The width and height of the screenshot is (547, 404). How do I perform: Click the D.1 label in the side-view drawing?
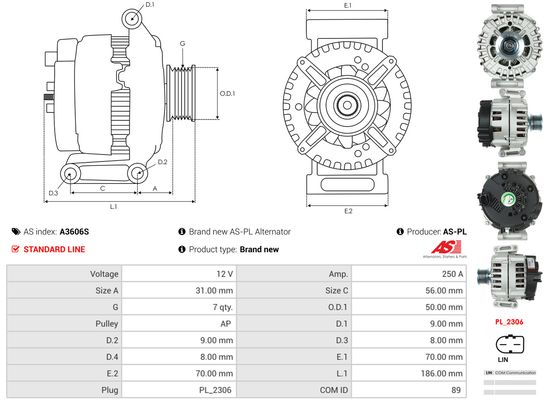pyautogui.click(x=150, y=4)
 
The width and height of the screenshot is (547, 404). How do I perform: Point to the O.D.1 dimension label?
pyautogui.click(x=227, y=93)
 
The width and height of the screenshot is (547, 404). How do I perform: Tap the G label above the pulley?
pyautogui.click(x=182, y=43)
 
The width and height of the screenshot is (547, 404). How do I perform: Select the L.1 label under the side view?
pyautogui.click(x=113, y=207)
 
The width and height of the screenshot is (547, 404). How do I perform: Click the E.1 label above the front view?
pyautogui.click(x=348, y=5)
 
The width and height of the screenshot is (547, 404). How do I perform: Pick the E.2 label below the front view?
pyautogui.click(x=348, y=211)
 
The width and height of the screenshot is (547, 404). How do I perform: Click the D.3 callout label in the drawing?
pyautogui.click(x=53, y=193)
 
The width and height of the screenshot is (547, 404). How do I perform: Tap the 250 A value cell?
pyautogui.click(x=452, y=274)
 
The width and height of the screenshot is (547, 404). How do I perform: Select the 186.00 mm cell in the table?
pyautogui.click(x=444, y=373)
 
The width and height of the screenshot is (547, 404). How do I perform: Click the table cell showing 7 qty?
pyautogui.click(x=223, y=307)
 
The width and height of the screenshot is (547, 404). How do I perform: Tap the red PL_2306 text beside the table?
pyautogui.click(x=509, y=322)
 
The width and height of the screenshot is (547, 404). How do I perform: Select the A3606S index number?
pyautogui.click(x=74, y=232)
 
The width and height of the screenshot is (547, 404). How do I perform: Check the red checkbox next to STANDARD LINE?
pyautogui.click(x=15, y=249)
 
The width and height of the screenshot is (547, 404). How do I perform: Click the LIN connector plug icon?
pyautogui.click(x=509, y=344)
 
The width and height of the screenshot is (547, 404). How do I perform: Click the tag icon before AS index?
pyautogui.click(x=16, y=232)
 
